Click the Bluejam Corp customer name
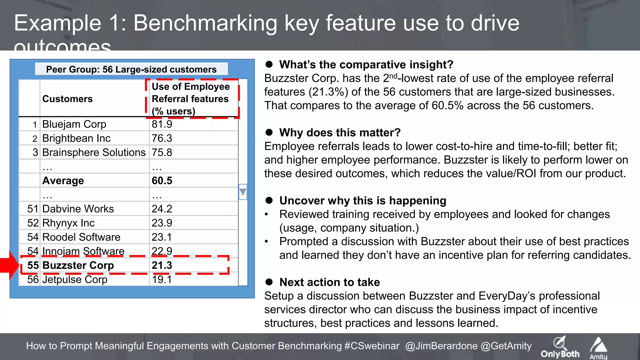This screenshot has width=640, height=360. click(74, 124)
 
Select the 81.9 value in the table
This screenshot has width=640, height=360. click(162, 124)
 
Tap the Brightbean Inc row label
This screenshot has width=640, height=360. click(76, 138)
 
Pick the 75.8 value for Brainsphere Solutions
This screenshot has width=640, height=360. click(162, 152)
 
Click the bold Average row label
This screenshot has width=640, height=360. click(63, 181)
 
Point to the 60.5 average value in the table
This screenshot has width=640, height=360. click(162, 181)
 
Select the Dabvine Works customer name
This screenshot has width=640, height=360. click(78, 209)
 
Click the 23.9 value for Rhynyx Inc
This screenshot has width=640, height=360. click(162, 223)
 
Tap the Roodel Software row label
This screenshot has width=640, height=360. click(81, 237)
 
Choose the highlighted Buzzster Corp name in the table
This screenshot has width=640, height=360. click(78, 265)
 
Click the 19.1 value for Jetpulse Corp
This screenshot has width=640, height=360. click(162, 279)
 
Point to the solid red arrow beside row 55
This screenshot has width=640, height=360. click(9, 265)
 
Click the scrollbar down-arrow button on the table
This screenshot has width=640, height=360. click(243, 192)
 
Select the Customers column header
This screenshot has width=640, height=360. click(67, 99)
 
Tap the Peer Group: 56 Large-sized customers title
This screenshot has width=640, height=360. click(131, 69)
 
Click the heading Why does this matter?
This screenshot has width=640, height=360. click(340, 132)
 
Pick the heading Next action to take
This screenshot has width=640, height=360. click(329, 282)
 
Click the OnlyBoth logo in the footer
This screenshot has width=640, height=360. click(560, 347)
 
